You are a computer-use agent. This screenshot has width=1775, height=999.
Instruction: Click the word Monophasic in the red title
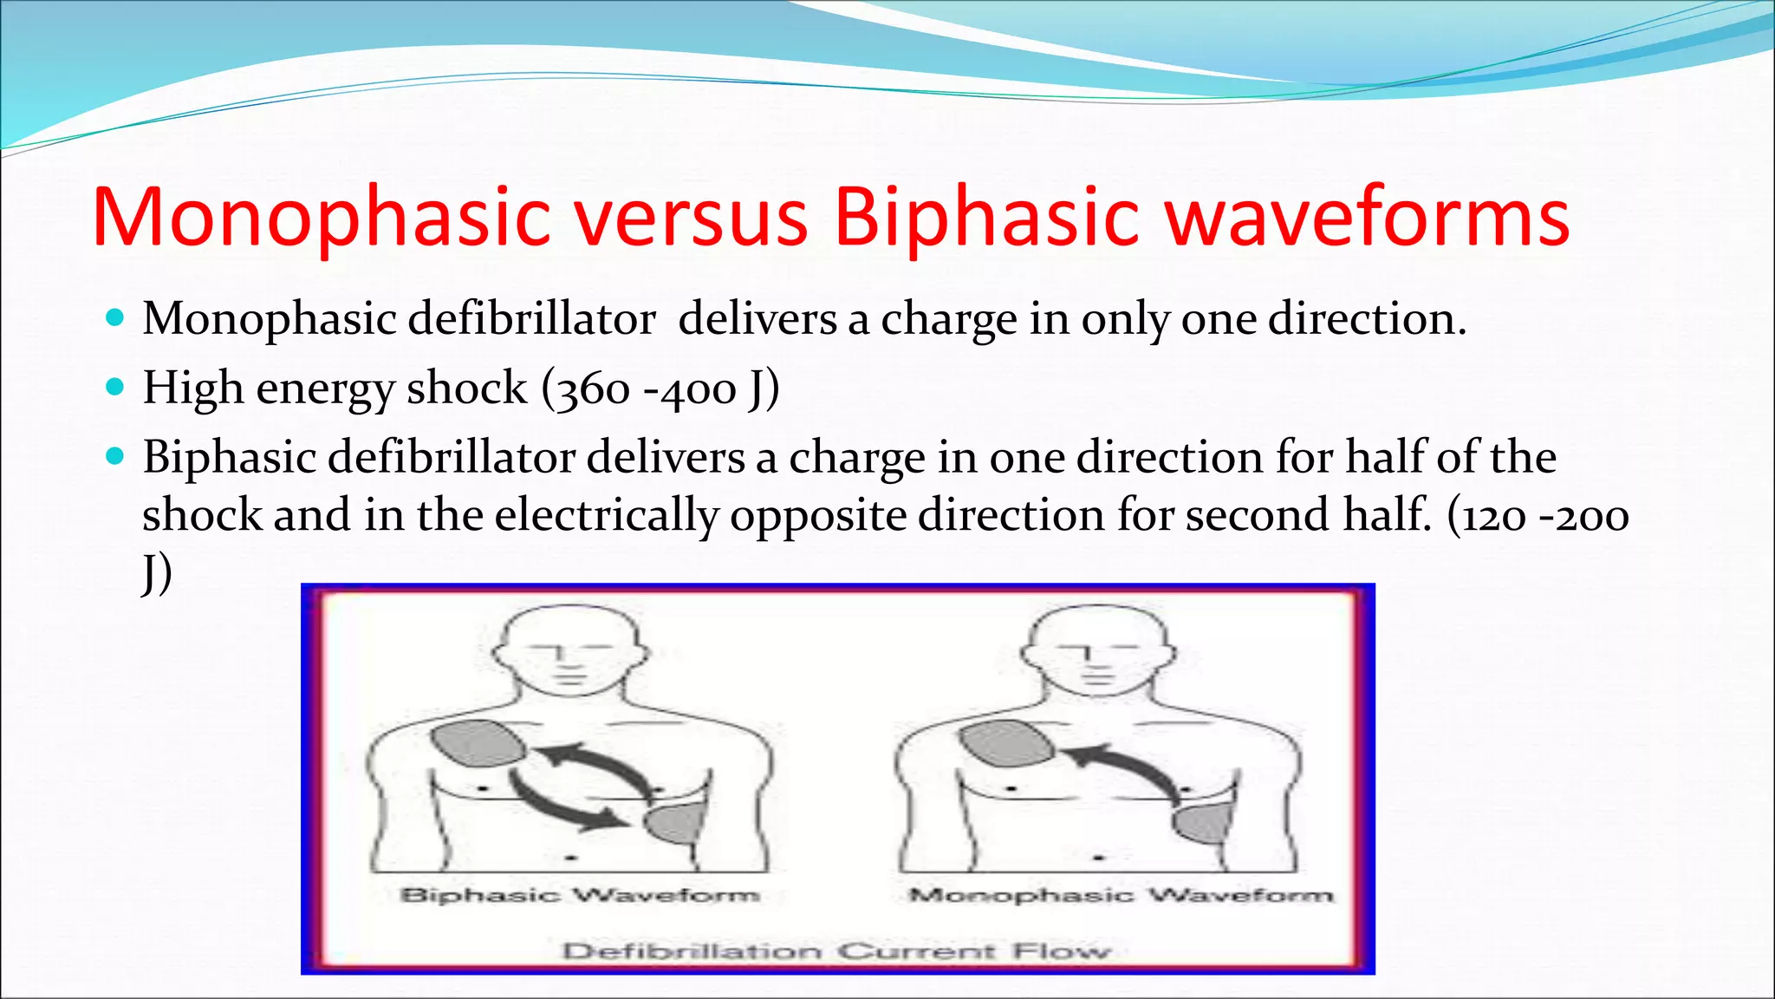321,217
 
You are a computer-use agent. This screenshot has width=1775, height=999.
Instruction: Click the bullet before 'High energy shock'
114,386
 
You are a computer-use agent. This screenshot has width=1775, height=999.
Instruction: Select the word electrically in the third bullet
606,516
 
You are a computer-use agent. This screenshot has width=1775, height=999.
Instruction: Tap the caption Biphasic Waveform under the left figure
579,895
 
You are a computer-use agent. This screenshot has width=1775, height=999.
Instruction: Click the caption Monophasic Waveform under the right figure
1121,895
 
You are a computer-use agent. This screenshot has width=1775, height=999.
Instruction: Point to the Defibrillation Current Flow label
836,951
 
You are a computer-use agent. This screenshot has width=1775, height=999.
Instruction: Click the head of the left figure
568,650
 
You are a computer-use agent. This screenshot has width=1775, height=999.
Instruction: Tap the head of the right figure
1096,650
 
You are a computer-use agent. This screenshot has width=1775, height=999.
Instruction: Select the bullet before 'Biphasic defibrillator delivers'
114,455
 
